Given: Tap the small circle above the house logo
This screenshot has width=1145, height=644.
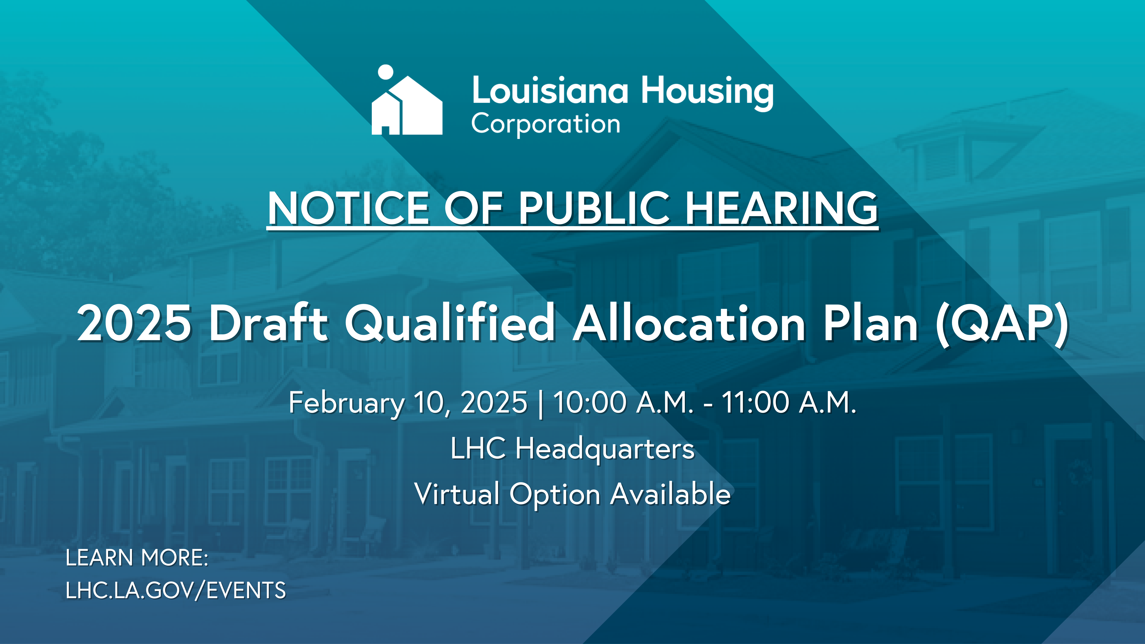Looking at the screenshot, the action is (x=385, y=72).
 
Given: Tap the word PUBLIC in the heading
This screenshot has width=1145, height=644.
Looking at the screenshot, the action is (x=594, y=208).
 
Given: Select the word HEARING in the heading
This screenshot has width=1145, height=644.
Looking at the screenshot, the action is (x=781, y=208).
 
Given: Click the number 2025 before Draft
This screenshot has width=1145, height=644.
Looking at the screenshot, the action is (x=134, y=323).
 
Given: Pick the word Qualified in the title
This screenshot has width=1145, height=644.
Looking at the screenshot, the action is (x=450, y=323).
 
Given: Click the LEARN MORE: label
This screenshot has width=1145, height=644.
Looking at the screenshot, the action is (x=137, y=558).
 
